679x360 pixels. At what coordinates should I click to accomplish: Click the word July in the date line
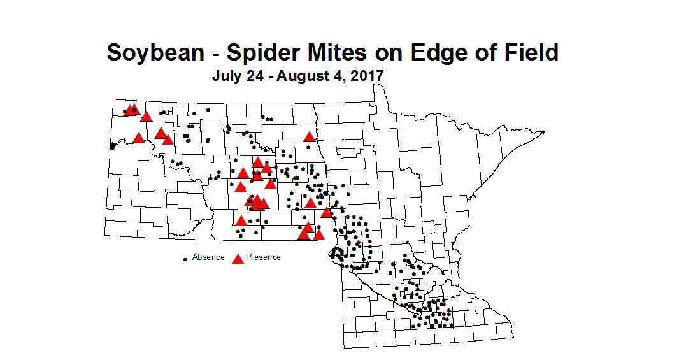click(x=225, y=75)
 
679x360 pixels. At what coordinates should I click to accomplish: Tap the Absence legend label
click(x=208, y=257)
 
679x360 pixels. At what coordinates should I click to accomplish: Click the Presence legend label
click(x=264, y=257)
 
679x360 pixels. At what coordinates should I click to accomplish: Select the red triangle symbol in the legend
click(x=238, y=258)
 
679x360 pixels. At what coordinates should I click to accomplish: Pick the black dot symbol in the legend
click(x=185, y=259)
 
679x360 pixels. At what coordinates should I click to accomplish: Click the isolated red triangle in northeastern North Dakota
click(x=310, y=136)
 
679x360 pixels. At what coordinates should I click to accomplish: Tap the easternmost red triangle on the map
click(x=326, y=212)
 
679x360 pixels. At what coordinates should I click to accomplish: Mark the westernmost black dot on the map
click(x=113, y=146)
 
